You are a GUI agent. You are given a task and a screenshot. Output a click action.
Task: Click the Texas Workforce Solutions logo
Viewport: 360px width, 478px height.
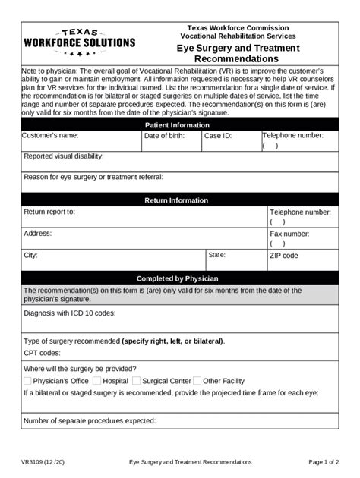click(79, 43)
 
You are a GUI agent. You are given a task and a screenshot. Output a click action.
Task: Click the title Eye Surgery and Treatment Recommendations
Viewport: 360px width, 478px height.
click(238, 53)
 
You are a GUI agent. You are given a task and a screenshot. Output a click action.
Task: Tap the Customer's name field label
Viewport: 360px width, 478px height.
click(50, 136)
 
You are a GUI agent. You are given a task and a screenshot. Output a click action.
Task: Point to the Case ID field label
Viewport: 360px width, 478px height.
click(218, 136)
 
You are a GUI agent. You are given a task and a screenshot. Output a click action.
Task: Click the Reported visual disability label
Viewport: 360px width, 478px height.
click(64, 156)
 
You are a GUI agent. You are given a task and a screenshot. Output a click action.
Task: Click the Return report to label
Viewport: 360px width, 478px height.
click(49, 212)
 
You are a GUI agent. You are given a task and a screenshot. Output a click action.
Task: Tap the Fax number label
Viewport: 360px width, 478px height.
click(289, 234)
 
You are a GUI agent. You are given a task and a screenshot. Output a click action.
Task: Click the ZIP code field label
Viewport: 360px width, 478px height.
click(284, 256)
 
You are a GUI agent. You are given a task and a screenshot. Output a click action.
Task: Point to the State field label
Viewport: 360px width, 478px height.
click(217, 255)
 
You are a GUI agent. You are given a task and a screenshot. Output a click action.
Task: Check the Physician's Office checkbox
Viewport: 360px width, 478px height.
click(28, 381)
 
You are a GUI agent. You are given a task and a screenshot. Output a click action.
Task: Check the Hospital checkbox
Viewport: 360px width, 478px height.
click(97, 381)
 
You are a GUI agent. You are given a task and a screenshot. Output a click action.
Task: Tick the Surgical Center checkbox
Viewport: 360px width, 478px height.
click(137, 381)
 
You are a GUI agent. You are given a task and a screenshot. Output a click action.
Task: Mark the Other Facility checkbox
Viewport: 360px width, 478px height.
click(197, 381)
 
